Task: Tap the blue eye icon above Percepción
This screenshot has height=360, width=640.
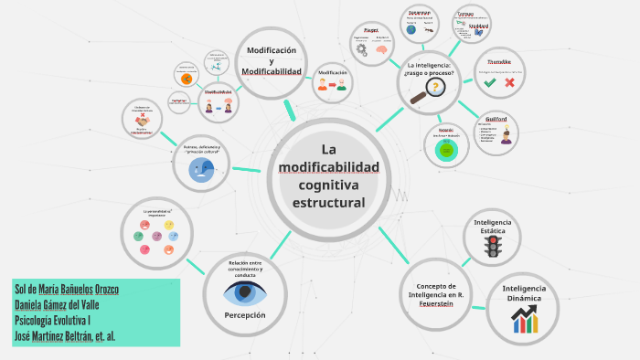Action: tap(245, 292)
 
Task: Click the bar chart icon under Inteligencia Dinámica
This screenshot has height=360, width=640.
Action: tap(524, 319)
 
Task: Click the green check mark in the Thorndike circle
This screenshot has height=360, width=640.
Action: tap(490, 82)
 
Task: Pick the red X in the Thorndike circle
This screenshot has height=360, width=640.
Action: tap(509, 82)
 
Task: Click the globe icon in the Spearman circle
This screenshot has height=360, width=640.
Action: tap(411, 29)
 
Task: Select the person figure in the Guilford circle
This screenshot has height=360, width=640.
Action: tap(506, 138)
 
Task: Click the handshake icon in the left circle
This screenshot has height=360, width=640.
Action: tap(142, 119)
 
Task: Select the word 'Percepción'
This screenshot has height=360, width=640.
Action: tap(245, 314)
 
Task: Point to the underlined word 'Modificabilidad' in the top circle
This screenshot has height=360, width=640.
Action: tap(272, 71)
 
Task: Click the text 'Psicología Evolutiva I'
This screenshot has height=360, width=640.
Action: tap(54, 320)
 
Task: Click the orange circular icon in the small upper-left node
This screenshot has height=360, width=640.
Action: tap(187, 79)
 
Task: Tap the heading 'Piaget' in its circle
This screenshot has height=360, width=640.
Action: tap(371, 30)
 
